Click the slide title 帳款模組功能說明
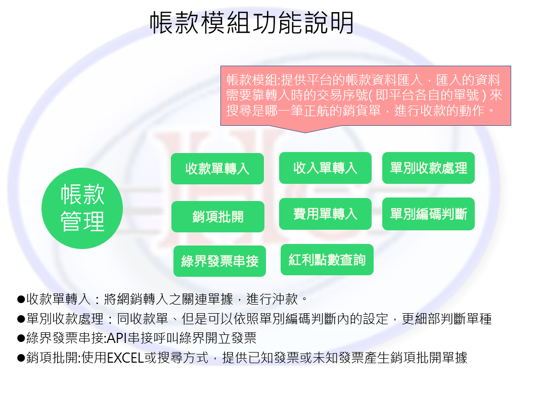pos(252,23)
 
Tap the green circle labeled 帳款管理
pos(82,208)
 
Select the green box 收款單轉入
pos(217,169)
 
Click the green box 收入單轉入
pos(325,168)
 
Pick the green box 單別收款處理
pos(428,168)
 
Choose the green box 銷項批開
pos(217,217)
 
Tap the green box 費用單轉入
pos(325,214)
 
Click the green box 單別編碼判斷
pos(428,214)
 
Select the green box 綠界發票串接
pos(220,261)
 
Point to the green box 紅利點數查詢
pos(327,260)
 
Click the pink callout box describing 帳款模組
pos(366,95)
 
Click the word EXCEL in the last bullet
pos(125,358)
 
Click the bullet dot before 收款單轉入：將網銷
pos(21,299)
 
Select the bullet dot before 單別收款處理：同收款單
pos(21,319)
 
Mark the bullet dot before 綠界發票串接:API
pos(21,338)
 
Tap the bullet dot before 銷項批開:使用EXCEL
pos(21,358)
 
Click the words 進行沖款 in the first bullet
pos(272,299)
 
